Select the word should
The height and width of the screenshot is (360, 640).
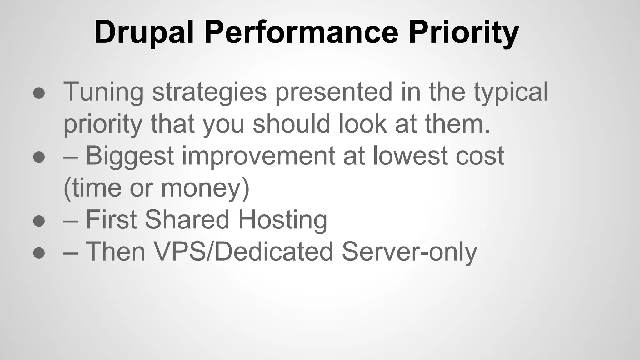291,123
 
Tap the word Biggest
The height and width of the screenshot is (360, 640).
130,156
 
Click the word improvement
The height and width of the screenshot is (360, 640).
258,156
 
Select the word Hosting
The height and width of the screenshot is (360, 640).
282,220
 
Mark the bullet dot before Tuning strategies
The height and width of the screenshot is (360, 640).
39,93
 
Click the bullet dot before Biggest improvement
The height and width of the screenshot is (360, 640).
39,157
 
